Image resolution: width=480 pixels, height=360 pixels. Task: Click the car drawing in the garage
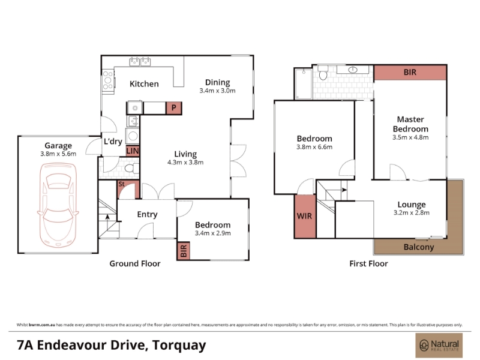click(x=58, y=205)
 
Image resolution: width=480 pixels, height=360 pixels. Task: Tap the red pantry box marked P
click(x=174, y=108)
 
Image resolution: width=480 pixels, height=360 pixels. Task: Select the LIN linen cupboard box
click(x=133, y=151)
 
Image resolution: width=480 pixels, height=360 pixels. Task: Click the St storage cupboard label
click(x=122, y=184)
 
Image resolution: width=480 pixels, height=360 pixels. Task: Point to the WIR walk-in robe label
click(x=304, y=216)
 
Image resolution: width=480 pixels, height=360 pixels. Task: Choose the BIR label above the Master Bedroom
click(x=410, y=72)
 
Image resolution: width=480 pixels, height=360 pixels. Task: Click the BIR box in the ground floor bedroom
click(x=184, y=251)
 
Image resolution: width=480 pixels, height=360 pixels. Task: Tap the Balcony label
click(x=419, y=247)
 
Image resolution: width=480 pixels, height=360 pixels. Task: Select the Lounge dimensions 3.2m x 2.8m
click(x=412, y=212)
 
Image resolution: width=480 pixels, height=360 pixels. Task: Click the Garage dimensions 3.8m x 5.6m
click(x=58, y=154)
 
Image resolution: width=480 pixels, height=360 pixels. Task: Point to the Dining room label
click(x=218, y=82)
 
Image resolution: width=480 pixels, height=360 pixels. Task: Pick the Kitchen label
click(x=144, y=83)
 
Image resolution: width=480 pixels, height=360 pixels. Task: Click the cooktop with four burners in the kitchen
click(x=108, y=80)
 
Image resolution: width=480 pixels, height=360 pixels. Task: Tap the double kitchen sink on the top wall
click(x=140, y=61)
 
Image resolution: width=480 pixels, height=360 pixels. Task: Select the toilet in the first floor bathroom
click(x=323, y=73)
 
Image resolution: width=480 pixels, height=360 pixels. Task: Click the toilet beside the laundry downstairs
click(x=131, y=168)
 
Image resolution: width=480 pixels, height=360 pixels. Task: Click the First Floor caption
click(x=368, y=263)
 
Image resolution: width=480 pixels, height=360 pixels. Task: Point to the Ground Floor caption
click(x=135, y=263)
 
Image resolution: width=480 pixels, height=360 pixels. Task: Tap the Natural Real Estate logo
click(x=439, y=346)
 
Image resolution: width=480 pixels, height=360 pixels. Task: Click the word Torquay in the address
click(x=179, y=346)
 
